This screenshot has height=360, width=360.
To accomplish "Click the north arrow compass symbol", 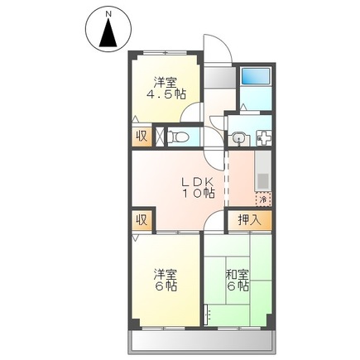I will [108, 33].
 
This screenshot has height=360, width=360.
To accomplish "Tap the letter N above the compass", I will [108, 12].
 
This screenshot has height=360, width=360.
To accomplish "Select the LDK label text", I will [198, 182].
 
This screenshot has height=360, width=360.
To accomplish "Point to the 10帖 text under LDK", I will [199, 194].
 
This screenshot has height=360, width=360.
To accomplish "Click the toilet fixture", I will [180, 135].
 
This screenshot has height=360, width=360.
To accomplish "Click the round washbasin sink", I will [239, 137].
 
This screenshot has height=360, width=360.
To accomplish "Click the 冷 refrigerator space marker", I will [262, 199].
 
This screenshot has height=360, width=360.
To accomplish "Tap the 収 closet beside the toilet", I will [141, 136].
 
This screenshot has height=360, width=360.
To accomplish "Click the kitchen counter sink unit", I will [263, 174].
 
